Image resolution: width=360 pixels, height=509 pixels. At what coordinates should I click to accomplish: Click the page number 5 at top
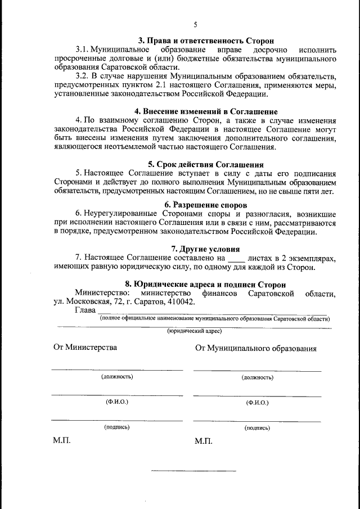click(195, 25)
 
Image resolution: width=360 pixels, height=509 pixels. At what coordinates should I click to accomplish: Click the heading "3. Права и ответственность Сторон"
click(206, 41)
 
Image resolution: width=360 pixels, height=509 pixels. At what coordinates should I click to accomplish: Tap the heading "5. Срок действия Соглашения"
click(206, 165)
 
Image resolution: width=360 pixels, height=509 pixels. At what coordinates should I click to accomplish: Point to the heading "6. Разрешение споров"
click(206, 204)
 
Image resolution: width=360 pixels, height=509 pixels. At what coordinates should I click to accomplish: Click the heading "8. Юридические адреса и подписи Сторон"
click(205, 285)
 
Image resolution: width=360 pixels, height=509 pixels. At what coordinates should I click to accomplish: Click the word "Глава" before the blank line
click(85, 311)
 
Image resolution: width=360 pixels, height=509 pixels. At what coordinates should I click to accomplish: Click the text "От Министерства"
click(85, 347)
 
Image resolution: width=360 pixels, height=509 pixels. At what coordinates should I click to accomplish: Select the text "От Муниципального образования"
click(255, 348)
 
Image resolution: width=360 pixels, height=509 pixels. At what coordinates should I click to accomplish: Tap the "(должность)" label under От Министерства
click(117, 377)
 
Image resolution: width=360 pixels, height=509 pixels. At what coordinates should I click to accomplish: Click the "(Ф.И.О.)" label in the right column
click(257, 403)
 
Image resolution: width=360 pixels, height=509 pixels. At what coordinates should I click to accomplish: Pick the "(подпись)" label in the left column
click(117, 427)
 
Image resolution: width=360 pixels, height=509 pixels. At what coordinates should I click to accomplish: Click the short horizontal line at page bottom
click(193, 470)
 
